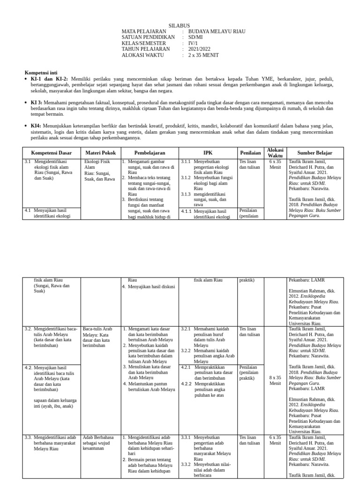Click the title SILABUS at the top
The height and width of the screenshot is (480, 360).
179,25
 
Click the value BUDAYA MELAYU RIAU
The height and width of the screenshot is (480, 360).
217,31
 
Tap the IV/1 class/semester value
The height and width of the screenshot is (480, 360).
193,43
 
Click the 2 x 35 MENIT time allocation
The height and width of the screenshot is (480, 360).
203,55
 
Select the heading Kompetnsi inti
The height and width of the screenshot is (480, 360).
41,73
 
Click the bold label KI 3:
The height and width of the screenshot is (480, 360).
37,102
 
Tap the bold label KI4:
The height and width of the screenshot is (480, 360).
36,126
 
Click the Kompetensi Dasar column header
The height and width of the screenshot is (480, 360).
51,153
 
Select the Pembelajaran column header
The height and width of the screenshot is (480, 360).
150,153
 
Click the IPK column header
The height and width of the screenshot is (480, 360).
208,153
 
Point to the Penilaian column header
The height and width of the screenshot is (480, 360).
251,153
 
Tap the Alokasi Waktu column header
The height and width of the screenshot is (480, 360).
275,153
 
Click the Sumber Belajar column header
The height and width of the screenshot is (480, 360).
315,153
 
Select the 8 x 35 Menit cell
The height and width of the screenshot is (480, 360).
275,380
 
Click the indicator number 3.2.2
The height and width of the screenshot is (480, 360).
186,351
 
